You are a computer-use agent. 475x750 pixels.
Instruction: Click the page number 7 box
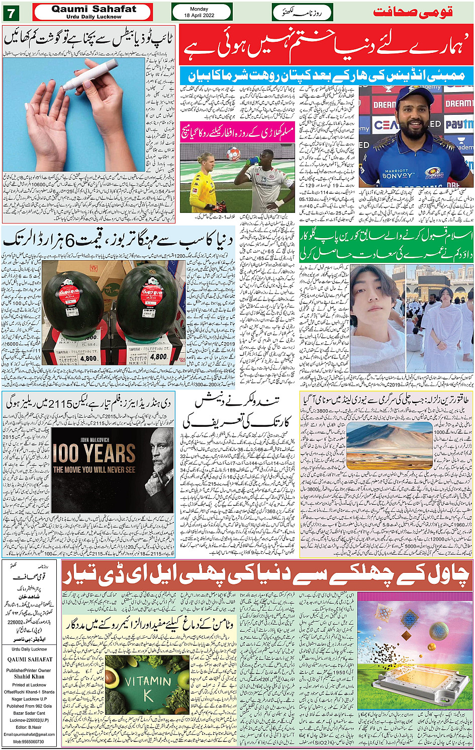[x=11, y=12]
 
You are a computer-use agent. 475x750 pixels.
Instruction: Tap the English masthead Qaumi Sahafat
[x=93, y=9]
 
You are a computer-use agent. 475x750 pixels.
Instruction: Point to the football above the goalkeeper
[x=234, y=153]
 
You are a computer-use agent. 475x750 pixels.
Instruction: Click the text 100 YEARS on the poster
[x=94, y=454]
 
